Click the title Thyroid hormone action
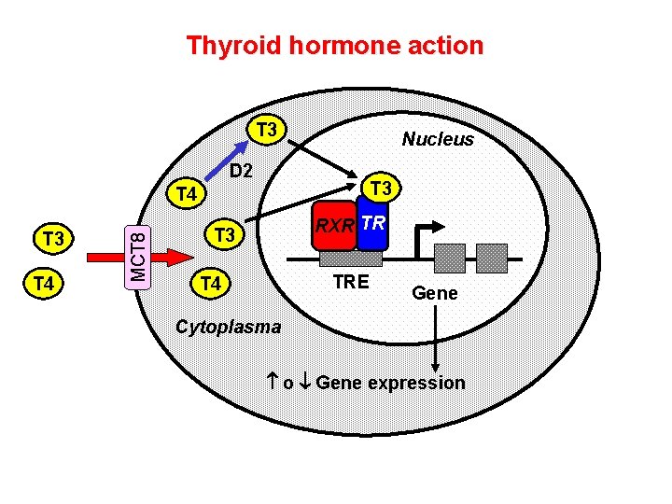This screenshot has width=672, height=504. click(x=335, y=45)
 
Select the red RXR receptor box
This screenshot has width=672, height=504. click(x=334, y=226)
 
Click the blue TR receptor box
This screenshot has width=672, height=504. click(x=372, y=225)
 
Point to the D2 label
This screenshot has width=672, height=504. click(x=241, y=171)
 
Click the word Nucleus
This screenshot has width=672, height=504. click(x=438, y=139)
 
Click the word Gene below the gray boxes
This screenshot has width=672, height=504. click(x=435, y=293)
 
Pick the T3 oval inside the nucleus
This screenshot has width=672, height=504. click(x=380, y=189)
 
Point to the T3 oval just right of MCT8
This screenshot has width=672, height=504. click(x=223, y=234)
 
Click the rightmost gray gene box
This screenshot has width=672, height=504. click(x=492, y=258)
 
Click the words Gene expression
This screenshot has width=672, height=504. click(x=390, y=383)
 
